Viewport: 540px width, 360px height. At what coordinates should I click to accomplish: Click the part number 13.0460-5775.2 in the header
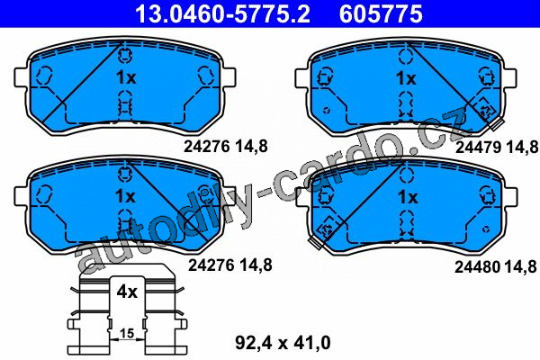point(222,13)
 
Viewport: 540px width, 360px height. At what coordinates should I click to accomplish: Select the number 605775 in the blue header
point(381,13)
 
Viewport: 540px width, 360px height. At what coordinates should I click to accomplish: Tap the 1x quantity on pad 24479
point(406,78)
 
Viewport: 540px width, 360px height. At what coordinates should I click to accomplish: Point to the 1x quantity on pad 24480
point(408,197)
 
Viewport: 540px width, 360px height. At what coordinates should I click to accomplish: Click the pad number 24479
point(479,148)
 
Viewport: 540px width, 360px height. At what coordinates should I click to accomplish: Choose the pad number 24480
point(478,266)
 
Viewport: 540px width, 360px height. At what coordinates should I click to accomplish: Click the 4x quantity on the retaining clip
point(127,292)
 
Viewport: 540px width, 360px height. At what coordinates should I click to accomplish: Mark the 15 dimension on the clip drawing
point(127,333)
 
